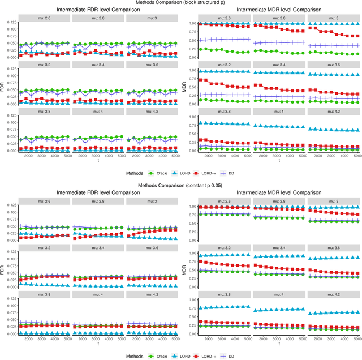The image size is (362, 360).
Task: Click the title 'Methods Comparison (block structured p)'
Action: coord(181,3)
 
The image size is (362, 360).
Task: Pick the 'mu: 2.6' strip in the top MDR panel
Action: coord(223,18)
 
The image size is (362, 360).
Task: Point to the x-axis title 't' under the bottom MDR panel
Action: coord(278,344)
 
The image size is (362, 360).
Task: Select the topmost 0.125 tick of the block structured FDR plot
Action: coord(10,22)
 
